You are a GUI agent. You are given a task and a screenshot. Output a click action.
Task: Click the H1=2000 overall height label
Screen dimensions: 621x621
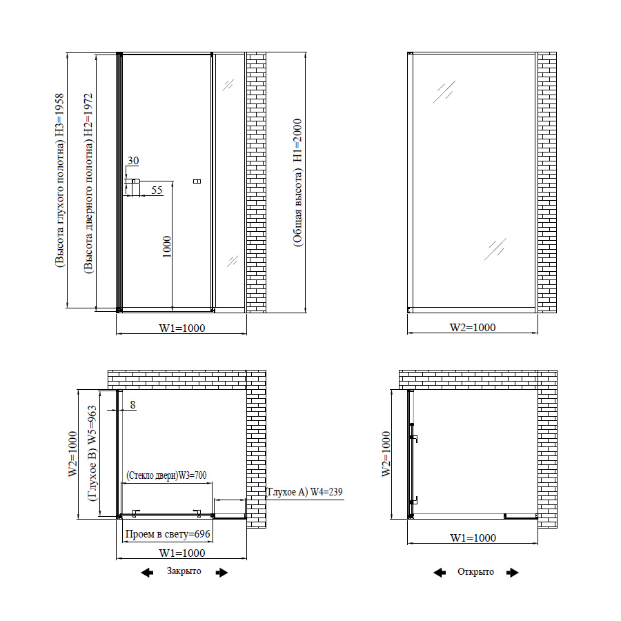[x=298, y=183]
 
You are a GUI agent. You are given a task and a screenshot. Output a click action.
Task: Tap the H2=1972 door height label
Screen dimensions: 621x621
[x=88, y=184]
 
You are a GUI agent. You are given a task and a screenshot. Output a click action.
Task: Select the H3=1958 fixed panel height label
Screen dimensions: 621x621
[x=59, y=181]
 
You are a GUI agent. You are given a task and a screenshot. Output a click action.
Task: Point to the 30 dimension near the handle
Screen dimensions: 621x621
[x=133, y=160]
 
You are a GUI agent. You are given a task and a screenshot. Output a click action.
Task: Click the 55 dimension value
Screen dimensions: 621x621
[x=157, y=190]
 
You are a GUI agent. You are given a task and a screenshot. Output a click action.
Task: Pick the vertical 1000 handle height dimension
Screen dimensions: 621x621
[x=167, y=247]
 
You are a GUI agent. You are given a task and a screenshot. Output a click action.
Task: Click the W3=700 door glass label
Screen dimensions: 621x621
[x=166, y=475]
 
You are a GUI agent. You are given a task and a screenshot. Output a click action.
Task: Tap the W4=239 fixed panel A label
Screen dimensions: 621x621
[x=305, y=492]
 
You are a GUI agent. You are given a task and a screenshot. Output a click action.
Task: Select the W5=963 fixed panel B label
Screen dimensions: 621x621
[x=92, y=453]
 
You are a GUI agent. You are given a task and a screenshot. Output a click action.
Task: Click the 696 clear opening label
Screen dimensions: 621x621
[x=168, y=534]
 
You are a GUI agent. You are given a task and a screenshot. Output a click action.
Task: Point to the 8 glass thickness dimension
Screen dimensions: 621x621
[x=132, y=405]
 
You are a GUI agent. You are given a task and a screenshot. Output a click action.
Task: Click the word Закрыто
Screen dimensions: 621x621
[x=184, y=571]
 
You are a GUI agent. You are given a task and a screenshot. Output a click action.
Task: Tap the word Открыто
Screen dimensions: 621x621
[x=475, y=571]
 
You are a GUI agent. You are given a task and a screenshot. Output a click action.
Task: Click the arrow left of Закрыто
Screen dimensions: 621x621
[x=147, y=572]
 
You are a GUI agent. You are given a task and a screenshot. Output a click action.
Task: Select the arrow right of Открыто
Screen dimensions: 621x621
[x=513, y=572]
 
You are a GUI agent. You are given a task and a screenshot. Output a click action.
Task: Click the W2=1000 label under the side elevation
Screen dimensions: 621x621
[x=473, y=328]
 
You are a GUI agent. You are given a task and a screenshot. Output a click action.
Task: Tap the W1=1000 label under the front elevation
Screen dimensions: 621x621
[x=181, y=328]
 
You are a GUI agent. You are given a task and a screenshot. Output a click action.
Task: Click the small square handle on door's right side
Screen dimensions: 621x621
[x=197, y=181]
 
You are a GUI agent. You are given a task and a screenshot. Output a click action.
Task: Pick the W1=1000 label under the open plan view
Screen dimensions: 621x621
[x=473, y=538]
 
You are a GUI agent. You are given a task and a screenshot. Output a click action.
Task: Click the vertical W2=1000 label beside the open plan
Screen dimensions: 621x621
[x=386, y=454]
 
